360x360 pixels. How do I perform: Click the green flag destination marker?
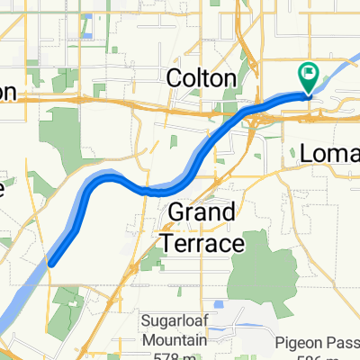pos(308,79)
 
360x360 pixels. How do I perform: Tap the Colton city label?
pos(202,79)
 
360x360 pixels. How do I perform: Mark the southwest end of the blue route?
pos(52,262)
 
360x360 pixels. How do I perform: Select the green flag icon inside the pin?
pos(308,74)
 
